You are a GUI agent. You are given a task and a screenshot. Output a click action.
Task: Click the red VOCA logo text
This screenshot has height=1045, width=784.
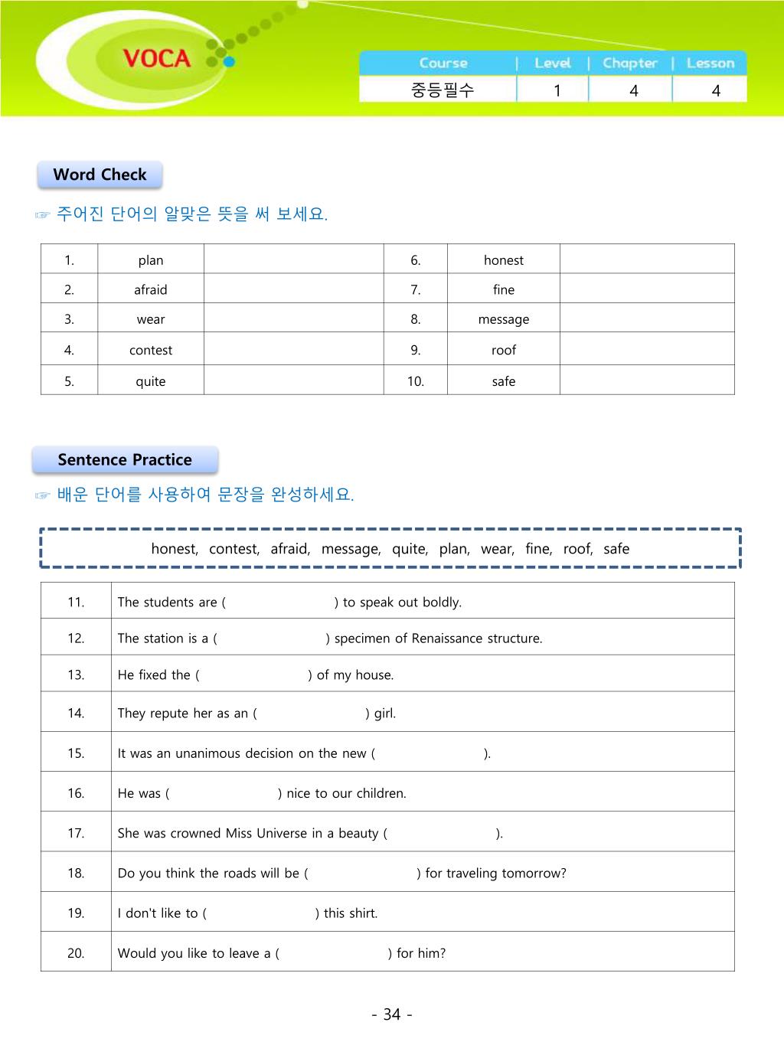pos(156,58)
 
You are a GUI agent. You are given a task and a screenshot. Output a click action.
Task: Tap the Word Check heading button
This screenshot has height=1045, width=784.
pos(100,175)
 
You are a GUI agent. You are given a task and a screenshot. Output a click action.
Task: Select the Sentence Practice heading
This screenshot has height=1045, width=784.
pos(125,460)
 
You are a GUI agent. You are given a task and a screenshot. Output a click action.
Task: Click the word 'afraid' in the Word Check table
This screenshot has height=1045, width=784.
pos(150,290)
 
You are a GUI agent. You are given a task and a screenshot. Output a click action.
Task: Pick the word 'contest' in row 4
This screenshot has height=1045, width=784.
pos(150,351)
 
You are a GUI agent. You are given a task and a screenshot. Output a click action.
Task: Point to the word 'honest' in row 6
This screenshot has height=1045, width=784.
pos(503,260)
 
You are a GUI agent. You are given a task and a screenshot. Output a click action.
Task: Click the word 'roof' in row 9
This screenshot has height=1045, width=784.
pos(503,351)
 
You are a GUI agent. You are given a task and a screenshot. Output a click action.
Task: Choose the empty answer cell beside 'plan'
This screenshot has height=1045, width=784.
pos(293,260)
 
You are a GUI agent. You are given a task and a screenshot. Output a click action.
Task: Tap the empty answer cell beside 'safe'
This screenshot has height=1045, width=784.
pos(647,380)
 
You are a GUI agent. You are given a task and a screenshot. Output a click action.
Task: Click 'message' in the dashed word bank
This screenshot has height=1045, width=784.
pos(350,549)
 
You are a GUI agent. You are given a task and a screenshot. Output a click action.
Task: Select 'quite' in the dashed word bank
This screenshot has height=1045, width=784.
pos(409,549)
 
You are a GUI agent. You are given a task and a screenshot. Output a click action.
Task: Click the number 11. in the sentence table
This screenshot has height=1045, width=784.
pos(76,602)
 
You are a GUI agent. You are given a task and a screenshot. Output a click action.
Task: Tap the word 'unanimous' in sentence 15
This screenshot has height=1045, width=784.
pos(207,753)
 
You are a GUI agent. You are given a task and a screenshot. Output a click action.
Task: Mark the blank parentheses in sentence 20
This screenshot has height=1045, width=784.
pos(333,953)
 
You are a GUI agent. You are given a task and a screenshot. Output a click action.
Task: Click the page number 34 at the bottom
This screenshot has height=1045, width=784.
pos(392,1014)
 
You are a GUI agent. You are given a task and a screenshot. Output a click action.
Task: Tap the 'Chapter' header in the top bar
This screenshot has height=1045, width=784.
pos(629,64)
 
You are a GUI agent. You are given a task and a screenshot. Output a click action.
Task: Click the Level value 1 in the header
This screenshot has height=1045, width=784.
pos(557,90)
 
